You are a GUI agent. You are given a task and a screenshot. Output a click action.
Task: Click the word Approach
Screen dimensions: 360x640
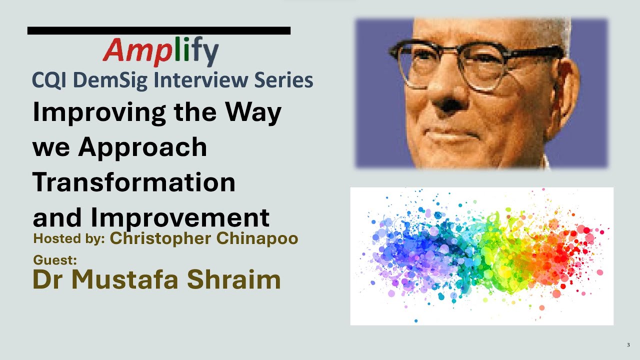(x=142, y=148)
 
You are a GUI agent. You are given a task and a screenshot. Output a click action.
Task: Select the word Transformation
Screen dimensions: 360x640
(x=134, y=182)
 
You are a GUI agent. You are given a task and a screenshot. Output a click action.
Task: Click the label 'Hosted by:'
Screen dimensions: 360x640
(x=69, y=239)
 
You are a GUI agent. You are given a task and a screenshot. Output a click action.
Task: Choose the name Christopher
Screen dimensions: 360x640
(x=160, y=239)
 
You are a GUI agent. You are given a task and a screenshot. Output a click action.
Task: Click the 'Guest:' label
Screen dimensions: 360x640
(x=55, y=260)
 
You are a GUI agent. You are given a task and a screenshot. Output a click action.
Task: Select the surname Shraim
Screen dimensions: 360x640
(x=233, y=280)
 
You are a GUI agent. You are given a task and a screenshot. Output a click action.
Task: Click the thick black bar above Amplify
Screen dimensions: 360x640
(x=159, y=30)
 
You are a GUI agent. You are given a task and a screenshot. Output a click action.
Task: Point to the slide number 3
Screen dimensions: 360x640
(x=628, y=345)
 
